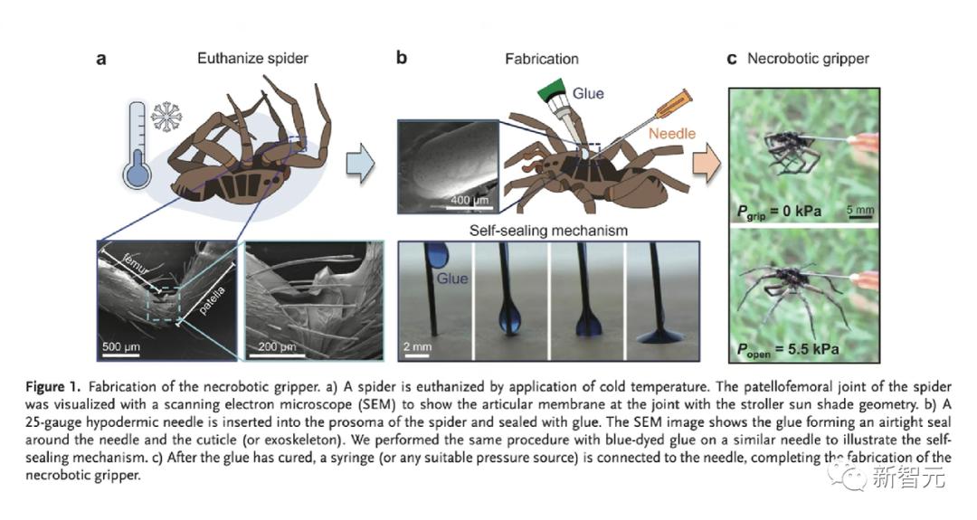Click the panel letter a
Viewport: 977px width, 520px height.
(x=102, y=60)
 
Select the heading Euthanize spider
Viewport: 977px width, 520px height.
(x=252, y=59)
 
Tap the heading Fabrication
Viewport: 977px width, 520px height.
(x=541, y=59)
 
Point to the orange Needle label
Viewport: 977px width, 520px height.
(x=671, y=134)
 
